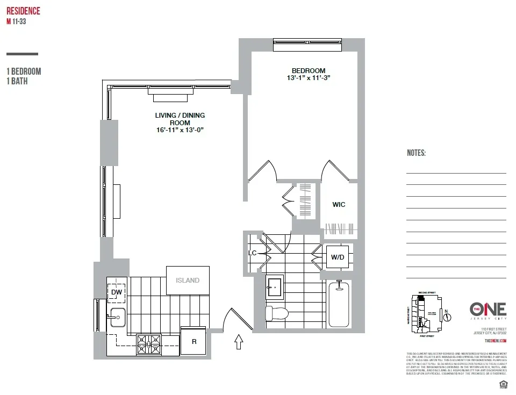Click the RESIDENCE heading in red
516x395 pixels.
23,11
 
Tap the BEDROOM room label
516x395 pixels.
308,70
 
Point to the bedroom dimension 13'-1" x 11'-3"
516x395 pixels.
308,78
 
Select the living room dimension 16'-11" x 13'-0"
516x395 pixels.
180,130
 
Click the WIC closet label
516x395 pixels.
339,205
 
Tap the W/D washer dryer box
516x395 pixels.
338,257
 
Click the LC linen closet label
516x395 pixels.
252,253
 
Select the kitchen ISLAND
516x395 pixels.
187,280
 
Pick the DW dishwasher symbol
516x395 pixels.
116,292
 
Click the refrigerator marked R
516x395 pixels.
193,341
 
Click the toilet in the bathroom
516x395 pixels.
277,312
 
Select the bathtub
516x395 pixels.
339,304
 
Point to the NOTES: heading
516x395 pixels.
416,153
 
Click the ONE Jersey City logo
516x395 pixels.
488,310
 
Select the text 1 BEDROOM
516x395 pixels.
24,71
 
